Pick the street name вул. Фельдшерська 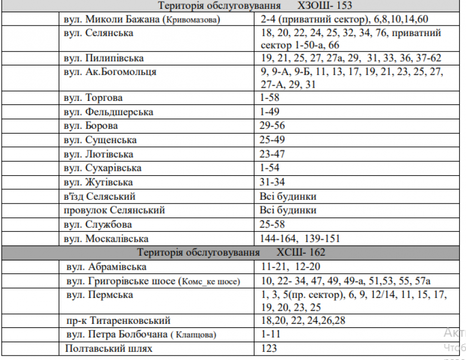click(x=108, y=112)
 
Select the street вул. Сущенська click(x=100, y=140)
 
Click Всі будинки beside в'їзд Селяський click(x=288, y=196)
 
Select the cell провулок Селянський click(x=114, y=210)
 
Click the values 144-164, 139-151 click(x=300, y=239)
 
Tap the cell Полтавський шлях click(x=109, y=348)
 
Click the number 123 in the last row click(x=269, y=348)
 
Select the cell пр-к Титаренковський click(x=118, y=321)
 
